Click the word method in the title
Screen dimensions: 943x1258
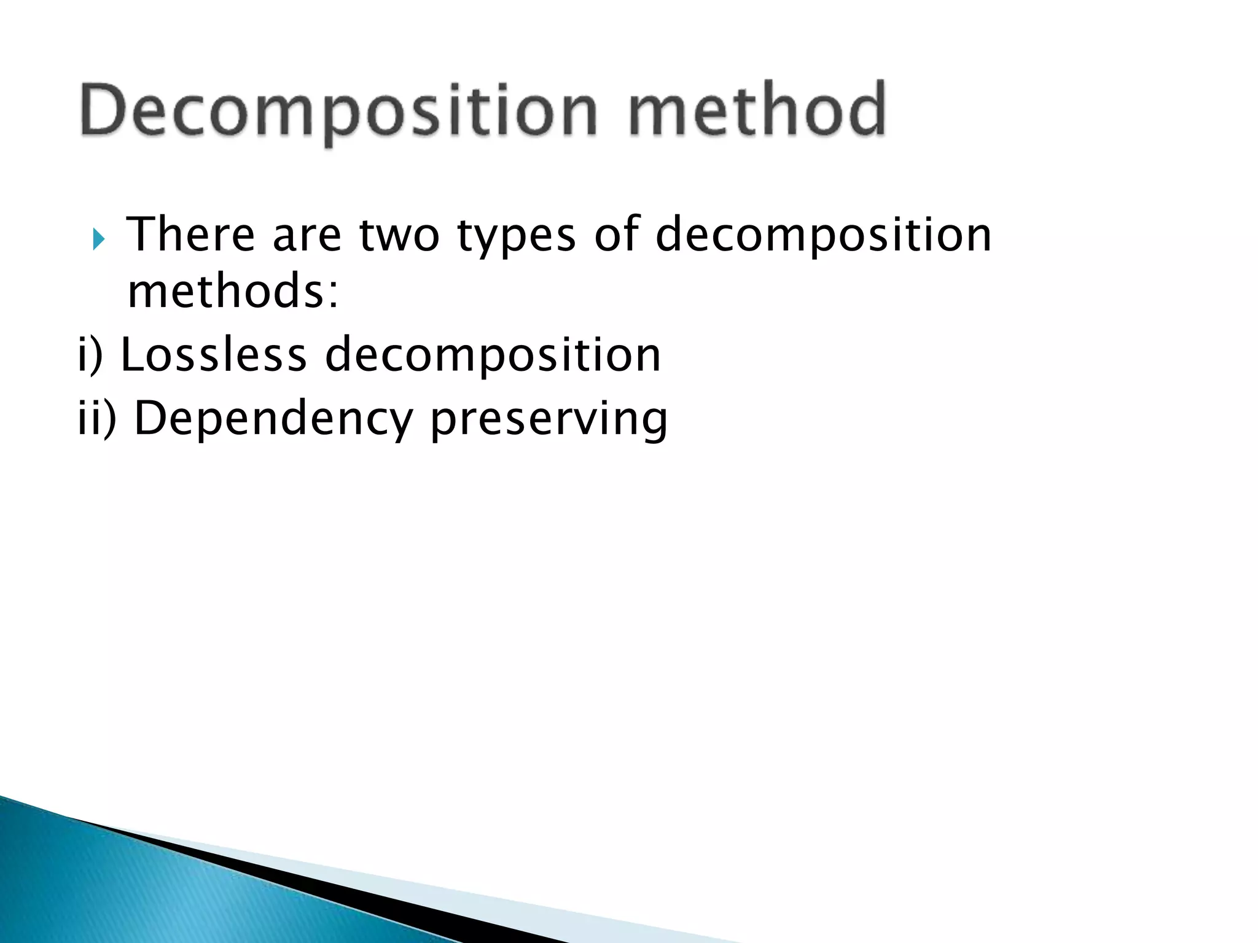(x=757, y=111)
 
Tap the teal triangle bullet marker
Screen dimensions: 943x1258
(x=99, y=239)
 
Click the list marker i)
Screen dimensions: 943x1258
(x=90, y=355)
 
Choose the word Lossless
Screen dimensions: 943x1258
(x=213, y=355)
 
